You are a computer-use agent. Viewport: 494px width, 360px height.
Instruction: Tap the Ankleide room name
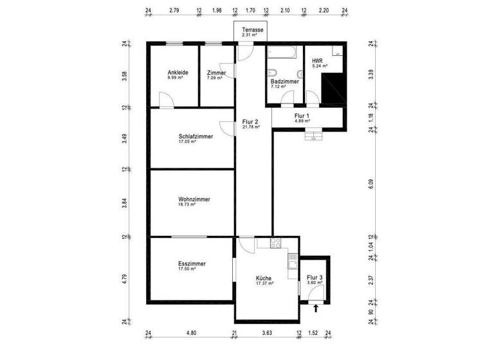[178, 73]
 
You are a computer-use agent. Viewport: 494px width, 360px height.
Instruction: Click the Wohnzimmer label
[194, 199]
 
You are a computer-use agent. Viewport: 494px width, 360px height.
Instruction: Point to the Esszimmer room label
[192, 264]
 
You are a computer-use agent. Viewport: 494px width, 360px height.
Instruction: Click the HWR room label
[317, 60]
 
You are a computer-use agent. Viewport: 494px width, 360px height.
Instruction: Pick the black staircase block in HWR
[333, 88]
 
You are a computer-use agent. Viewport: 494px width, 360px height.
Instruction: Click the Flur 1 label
[302, 116]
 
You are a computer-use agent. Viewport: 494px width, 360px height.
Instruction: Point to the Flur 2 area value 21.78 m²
[250, 127]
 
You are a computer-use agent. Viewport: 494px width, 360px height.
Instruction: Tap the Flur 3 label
[315, 278]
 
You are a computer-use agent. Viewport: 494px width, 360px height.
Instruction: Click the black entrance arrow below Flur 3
[315, 309]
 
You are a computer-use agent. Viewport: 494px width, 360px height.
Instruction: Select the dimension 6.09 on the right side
[370, 184]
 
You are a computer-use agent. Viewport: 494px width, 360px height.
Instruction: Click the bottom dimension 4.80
[191, 333]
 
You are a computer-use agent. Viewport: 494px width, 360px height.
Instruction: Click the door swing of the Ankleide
[164, 100]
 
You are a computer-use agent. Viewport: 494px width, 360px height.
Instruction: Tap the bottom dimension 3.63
[267, 333]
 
